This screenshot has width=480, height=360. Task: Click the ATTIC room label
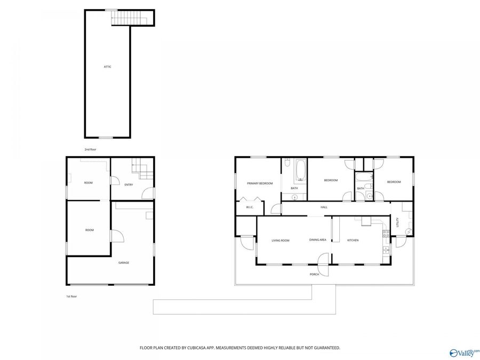pos(107,67)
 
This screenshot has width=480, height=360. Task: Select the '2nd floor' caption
pos(91,149)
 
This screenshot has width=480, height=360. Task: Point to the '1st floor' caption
pos(71,296)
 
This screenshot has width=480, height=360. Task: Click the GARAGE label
pos(123,262)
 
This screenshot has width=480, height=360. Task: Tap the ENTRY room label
pos(129,185)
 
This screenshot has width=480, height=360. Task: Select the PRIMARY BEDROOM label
pos(260,183)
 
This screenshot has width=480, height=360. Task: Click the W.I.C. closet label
pos(249,207)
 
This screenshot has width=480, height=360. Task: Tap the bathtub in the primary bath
pos(299,170)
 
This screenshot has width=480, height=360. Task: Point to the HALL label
pos(324,207)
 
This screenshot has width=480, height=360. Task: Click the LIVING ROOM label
pos(280,241)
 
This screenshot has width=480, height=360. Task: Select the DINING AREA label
pos(317,240)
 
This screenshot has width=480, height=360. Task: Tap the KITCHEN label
pos(353,241)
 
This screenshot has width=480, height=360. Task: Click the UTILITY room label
pos(397,222)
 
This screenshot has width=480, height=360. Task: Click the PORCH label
pos(314,274)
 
